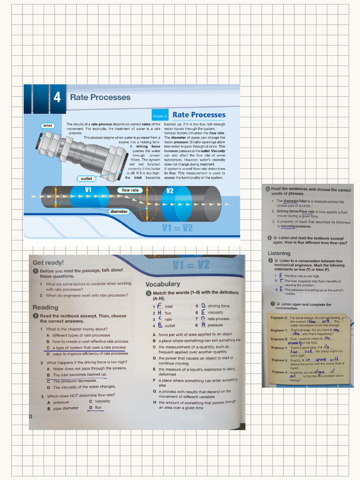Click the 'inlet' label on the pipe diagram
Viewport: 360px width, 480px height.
pyautogui.click(x=47, y=126)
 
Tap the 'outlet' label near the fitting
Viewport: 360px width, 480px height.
pyautogui.click(x=86, y=179)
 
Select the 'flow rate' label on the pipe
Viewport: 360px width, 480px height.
pyautogui.click(x=130, y=190)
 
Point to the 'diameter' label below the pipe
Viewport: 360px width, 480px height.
pyautogui.click(x=119, y=211)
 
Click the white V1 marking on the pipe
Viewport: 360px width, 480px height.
pyautogui.click(x=88, y=189)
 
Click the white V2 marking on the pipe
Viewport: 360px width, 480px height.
pyautogui.click(x=170, y=191)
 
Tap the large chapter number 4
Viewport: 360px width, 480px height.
pyautogui.click(x=57, y=97)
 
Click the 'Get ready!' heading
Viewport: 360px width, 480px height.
pyautogui.click(x=48, y=262)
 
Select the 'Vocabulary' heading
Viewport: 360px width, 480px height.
pyautogui.click(x=162, y=284)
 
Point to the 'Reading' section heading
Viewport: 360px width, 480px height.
pyautogui.click(x=45, y=307)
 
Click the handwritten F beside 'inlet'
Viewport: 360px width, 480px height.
pyautogui.click(x=160, y=306)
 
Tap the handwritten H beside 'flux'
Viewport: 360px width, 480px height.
pyautogui.click(x=160, y=313)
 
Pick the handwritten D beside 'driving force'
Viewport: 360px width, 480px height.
pyautogui.click(x=203, y=306)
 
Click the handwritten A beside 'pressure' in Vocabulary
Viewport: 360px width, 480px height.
pyautogui.click(x=203, y=324)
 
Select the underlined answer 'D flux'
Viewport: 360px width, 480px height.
pyautogui.click(x=95, y=408)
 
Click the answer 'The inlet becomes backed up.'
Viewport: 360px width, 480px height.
pyautogui.click(x=80, y=375)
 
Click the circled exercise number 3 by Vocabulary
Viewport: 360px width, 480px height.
pyautogui.click(x=148, y=293)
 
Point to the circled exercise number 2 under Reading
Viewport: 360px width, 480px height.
pyautogui.click(x=36, y=316)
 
